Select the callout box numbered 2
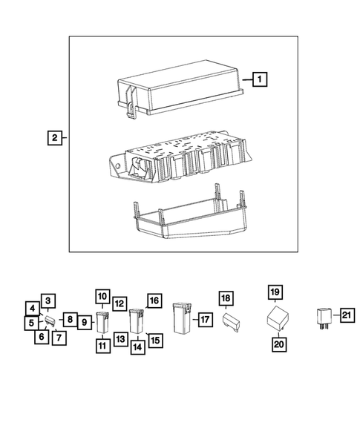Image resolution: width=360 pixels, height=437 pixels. (54, 137)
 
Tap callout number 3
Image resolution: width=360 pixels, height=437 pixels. (47, 300)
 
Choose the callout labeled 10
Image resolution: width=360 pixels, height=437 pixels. (102, 296)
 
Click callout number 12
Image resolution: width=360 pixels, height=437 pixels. (119, 303)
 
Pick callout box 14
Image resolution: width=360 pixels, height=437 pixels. (137, 346)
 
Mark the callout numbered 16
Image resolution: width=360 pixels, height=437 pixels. (153, 300)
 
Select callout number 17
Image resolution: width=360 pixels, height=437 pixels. (205, 320)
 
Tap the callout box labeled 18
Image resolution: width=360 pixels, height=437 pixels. (226, 299)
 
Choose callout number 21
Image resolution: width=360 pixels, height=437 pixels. (347, 316)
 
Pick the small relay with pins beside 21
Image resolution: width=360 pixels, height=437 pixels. (324, 317)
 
